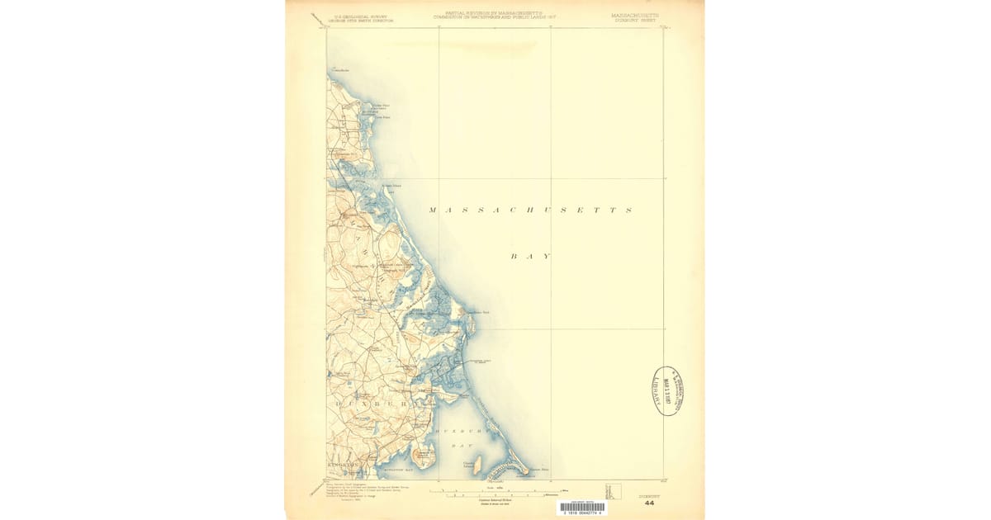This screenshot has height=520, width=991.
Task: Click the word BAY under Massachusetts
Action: coord(530,257)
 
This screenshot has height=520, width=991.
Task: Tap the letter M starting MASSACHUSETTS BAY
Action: coord(433,210)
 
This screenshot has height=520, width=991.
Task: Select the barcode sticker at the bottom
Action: coord(581,508)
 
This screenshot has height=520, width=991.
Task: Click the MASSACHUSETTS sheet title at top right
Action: coord(635,16)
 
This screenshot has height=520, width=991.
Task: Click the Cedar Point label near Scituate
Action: coord(381,105)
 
